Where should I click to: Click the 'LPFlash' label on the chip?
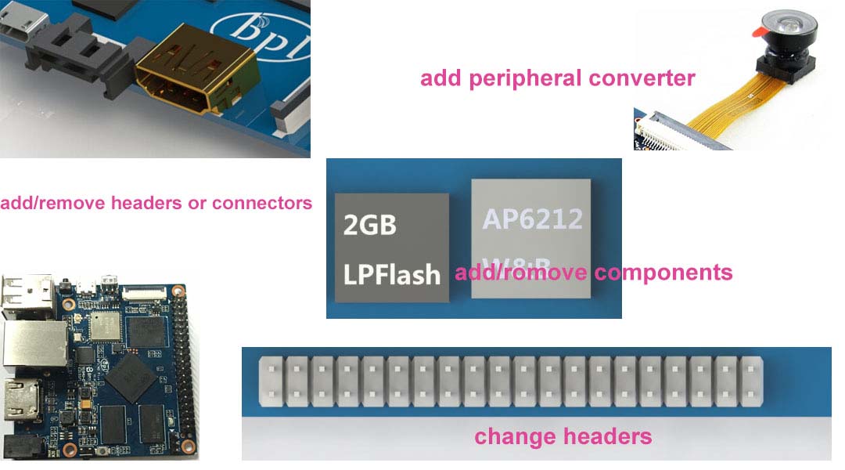[x=391, y=274]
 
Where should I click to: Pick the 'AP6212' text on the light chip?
[x=532, y=219]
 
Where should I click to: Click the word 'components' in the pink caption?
[x=663, y=273]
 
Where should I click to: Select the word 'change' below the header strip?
[x=511, y=436]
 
